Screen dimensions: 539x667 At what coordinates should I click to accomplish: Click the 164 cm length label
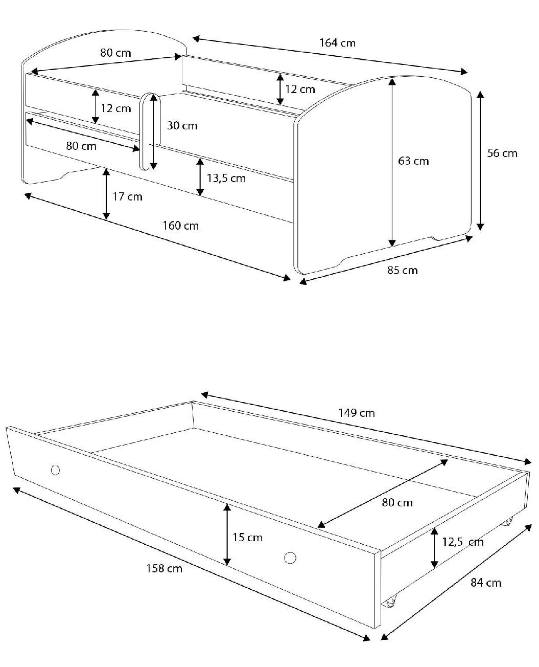point(337,43)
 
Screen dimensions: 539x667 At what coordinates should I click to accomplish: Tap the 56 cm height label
point(502,153)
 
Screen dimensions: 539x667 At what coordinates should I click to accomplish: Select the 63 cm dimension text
point(413,161)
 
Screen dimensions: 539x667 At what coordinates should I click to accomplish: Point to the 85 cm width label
point(402,270)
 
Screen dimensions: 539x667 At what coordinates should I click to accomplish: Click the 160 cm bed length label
point(180,226)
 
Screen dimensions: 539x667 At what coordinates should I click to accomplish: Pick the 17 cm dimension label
point(127,196)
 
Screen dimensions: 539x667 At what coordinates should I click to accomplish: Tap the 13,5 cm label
point(226,179)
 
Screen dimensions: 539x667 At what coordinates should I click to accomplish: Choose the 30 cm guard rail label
point(182,126)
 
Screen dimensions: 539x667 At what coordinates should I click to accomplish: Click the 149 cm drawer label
point(356,413)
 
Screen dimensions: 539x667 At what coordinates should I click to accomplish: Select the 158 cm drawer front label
point(164,568)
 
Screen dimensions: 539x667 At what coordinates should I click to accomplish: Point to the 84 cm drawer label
point(486,583)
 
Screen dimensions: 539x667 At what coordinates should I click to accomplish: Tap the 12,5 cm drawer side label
point(463,542)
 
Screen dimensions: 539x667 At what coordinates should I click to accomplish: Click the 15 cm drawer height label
point(247,538)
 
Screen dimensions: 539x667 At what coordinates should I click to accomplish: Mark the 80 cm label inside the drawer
point(397,503)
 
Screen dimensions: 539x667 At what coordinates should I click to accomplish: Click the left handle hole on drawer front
point(55,470)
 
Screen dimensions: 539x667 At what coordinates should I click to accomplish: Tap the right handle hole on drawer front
point(290,558)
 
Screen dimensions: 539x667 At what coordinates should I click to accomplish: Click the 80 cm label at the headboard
point(115,53)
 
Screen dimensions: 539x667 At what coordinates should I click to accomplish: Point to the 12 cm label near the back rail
point(300,90)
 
